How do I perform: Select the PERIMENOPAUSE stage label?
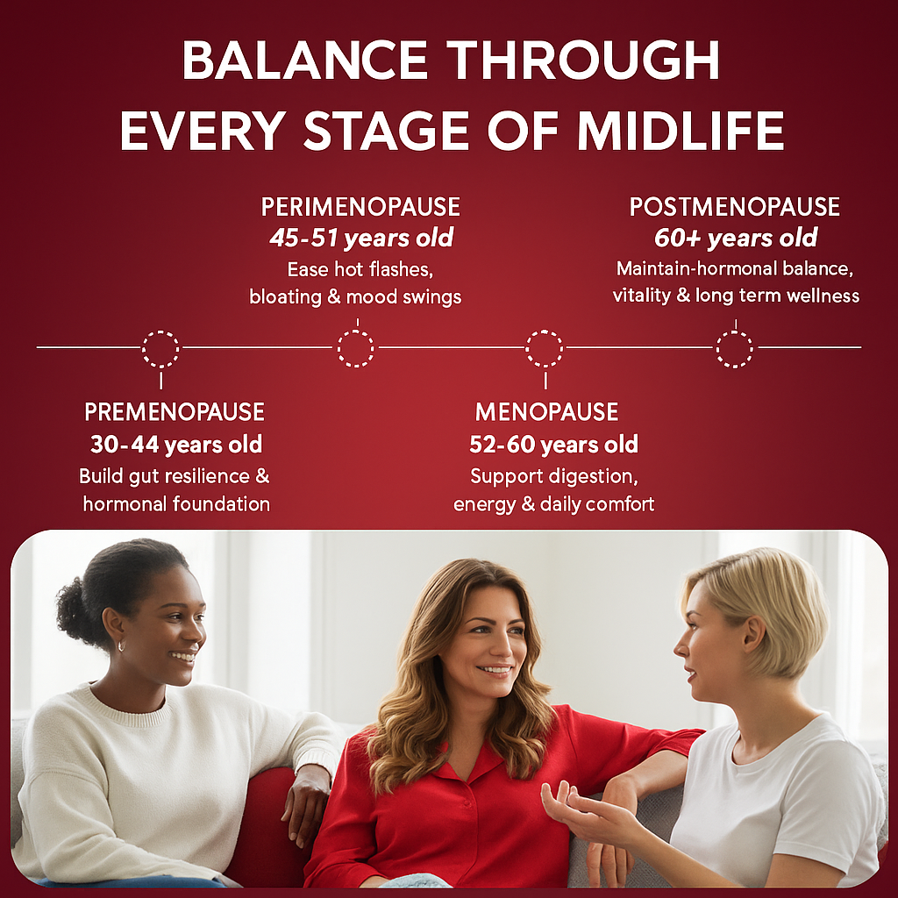pos(360,207)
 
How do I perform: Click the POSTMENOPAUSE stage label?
pos(735,207)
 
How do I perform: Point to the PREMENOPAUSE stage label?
pos(175,411)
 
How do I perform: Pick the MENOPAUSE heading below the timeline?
pos(546,411)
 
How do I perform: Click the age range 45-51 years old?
pos(360,238)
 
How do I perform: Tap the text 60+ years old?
pos(736,238)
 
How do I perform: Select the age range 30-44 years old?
pos(175,445)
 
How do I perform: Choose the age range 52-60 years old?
pos(553,445)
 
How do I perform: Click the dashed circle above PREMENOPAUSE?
pos(160,348)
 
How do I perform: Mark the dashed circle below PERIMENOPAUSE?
pos(355,348)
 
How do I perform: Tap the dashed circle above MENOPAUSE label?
pos(545,348)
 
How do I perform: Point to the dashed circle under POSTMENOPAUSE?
pos(734,348)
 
